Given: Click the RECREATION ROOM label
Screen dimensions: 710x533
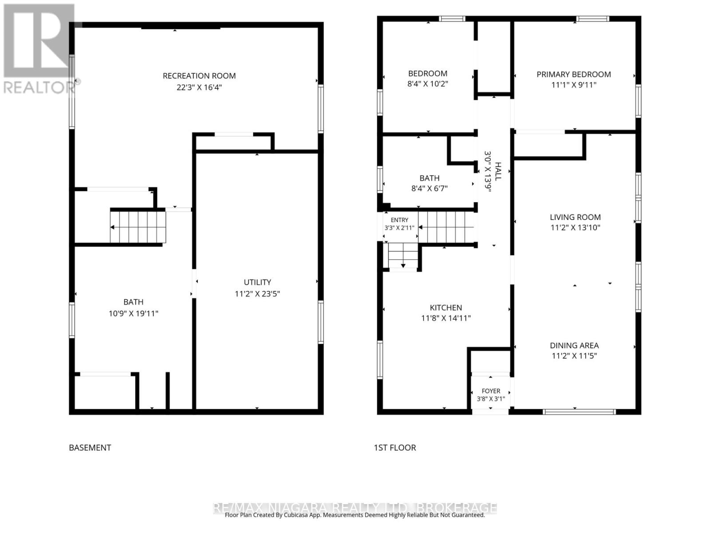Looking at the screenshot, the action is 199,76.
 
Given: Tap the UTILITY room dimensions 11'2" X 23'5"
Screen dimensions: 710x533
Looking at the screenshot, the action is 257,294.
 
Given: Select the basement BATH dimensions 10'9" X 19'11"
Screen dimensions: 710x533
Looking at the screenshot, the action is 133,313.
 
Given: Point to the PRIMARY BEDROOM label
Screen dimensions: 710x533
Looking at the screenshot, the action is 573,75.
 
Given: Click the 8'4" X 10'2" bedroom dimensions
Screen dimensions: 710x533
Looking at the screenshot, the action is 428,84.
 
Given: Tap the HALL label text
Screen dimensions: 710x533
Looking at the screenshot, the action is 498,171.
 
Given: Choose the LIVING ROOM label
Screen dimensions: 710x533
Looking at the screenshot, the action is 575,217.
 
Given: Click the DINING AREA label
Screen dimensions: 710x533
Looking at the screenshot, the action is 574,345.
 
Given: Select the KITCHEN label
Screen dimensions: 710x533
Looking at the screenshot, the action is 446,307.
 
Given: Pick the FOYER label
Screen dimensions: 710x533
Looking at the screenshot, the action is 491,391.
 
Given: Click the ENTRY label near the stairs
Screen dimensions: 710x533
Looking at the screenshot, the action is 399,220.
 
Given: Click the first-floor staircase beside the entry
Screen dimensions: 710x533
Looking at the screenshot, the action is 446,227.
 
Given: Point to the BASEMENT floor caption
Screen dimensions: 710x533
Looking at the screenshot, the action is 90,448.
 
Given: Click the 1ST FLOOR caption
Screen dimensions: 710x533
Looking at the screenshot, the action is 395,448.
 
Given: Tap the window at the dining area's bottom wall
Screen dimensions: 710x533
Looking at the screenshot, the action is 579,412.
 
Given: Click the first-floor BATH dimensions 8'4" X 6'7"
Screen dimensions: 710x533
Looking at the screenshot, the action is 429,188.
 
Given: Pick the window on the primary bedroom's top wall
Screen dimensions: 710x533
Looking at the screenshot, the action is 592,19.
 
